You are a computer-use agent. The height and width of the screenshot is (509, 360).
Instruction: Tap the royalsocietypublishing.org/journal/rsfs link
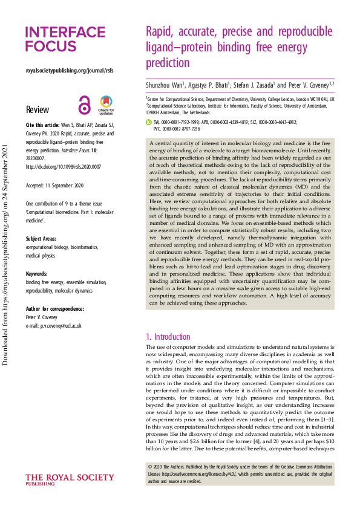pos(69,70)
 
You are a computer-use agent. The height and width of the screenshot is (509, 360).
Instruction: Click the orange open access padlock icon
pos(83,106)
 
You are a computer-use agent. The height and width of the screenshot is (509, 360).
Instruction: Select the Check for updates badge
pos(106,104)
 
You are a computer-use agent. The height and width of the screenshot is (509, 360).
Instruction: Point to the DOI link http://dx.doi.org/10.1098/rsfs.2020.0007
pos(64,166)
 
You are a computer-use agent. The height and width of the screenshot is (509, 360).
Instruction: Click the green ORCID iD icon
pos(149,122)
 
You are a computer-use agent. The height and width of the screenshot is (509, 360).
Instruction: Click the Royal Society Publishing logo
pos(69,481)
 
